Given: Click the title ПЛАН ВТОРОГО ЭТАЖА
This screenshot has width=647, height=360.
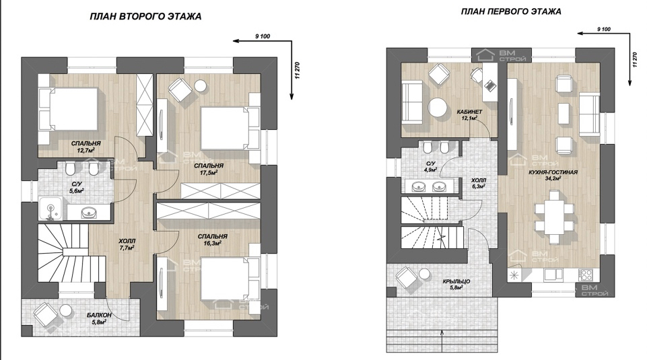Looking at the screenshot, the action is (x=145, y=17).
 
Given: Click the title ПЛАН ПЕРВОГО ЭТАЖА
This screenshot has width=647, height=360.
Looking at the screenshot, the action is (x=511, y=11).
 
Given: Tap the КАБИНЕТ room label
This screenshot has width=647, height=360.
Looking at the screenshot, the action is (x=469, y=112).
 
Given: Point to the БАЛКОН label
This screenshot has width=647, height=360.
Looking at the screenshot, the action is (x=99, y=316).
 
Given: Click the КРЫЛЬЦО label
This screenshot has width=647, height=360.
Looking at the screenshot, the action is (x=456, y=282).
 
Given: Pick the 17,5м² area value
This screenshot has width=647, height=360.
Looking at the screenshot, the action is (x=209, y=173).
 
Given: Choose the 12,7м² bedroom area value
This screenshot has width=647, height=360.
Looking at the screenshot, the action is (x=86, y=151).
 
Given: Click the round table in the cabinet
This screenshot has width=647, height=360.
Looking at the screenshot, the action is (x=437, y=108).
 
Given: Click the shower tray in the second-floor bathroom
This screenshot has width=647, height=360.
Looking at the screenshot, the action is (x=50, y=209).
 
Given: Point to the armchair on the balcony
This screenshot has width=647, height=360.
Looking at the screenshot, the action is (x=44, y=314).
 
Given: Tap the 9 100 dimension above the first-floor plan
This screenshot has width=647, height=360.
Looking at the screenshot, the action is (x=604, y=30).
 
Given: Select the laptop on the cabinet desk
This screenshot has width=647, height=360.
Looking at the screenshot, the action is (x=490, y=85).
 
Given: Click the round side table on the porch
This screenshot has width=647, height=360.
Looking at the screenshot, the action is (x=424, y=273).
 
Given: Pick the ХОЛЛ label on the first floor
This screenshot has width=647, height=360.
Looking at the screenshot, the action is (x=479, y=180).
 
